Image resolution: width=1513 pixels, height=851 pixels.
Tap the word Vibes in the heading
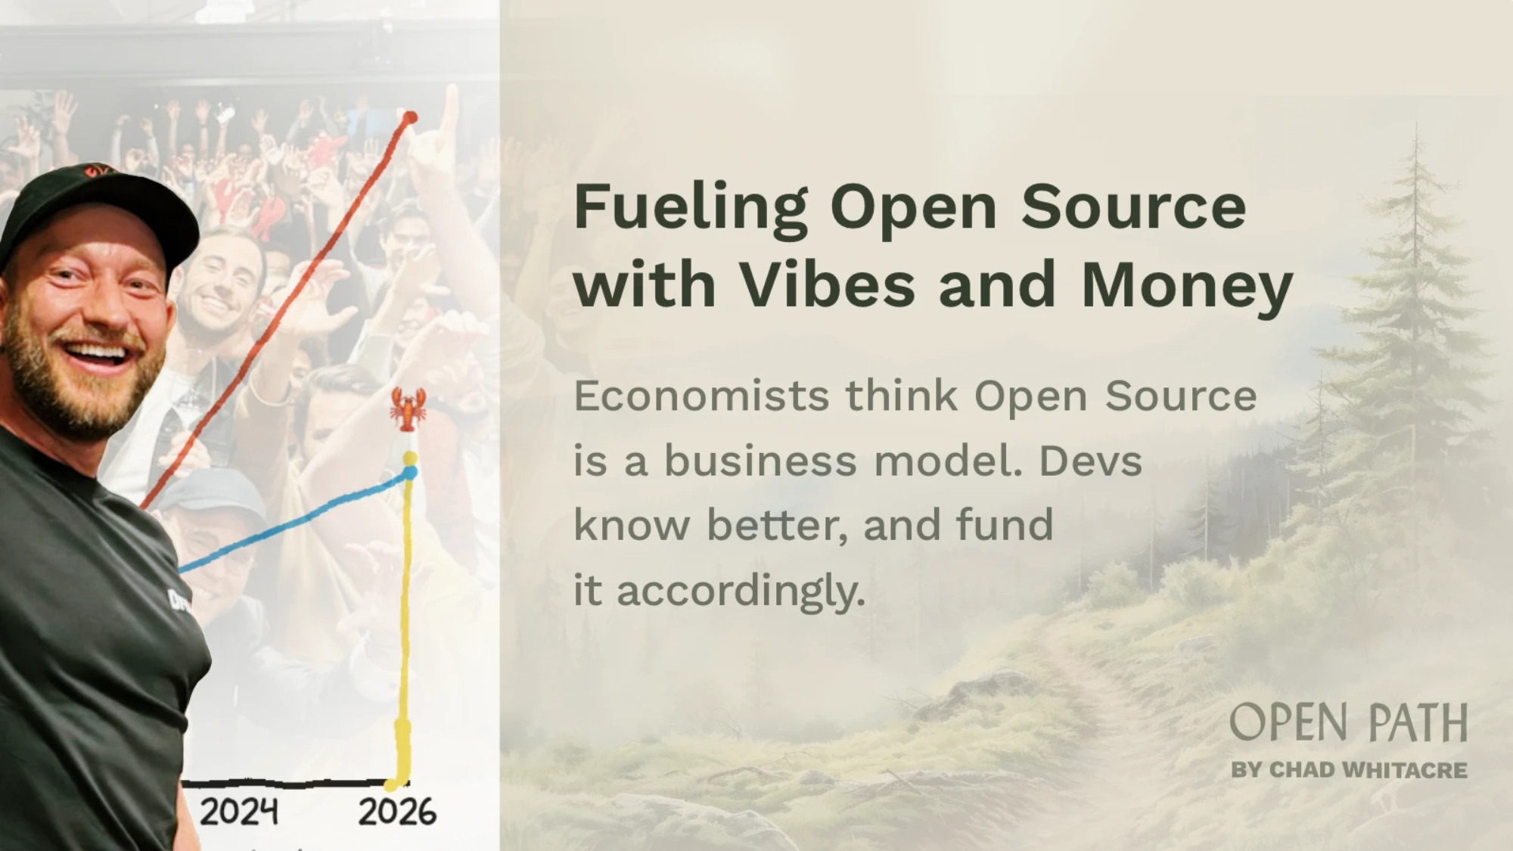coord(827,284)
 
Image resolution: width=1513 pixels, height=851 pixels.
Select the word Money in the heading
coord(1187,287)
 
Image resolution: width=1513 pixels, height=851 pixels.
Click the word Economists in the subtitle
coord(701,396)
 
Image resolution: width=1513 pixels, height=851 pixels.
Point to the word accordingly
coord(741,592)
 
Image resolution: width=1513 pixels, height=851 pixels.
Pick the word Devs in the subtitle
coord(1090,461)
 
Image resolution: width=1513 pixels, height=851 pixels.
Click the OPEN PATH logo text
coord(1349,722)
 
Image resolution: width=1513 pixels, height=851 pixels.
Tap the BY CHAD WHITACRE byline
coord(1349,770)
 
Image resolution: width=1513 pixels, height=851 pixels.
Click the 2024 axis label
coord(238,812)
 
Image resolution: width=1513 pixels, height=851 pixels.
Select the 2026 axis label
coord(397,812)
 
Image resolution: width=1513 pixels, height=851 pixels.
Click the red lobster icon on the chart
coord(409,409)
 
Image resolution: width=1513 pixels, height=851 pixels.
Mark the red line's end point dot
coord(410,117)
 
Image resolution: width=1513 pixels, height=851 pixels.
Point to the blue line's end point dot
coord(410,472)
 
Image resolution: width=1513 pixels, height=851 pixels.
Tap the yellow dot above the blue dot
coord(409,458)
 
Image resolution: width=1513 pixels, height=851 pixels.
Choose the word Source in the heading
coord(1133,208)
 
